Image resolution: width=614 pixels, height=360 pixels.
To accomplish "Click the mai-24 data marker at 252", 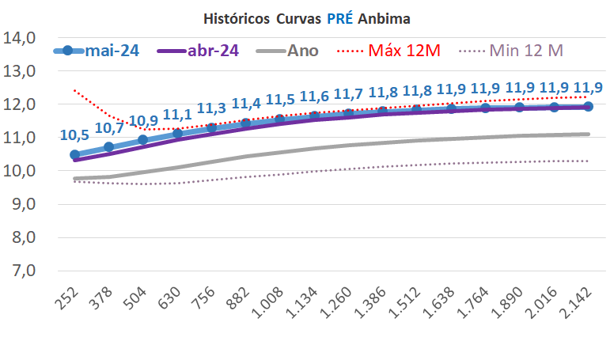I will pyautogui.click(x=74, y=155).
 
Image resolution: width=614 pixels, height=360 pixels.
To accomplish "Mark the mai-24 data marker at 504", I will pyautogui.click(x=142, y=140).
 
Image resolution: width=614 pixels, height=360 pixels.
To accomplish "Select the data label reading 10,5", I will pyautogui.click(x=74, y=135).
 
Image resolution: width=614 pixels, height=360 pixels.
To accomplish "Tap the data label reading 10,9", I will pyautogui.click(x=142, y=121).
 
